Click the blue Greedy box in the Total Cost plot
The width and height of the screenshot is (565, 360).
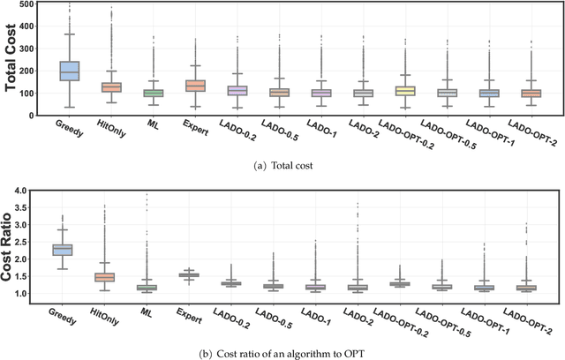pyautogui.click(x=68, y=71)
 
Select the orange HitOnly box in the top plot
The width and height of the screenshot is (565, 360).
pyautogui.click(x=111, y=87)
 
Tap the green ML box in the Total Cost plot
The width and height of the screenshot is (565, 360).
pyautogui.click(x=154, y=92)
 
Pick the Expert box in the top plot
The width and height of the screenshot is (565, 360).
pyautogui.click(x=196, y=86)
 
